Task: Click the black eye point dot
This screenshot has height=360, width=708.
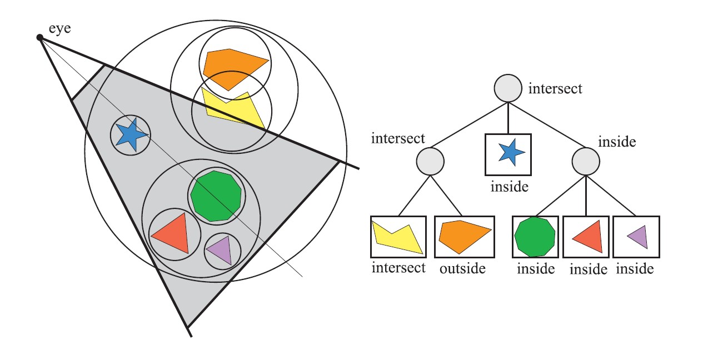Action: tap(39, 37)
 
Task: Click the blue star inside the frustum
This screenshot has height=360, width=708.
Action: tap(130, 135)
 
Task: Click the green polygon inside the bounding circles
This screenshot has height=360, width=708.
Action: tap(216, 196)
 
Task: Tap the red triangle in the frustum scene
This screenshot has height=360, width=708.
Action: tap(171, 235)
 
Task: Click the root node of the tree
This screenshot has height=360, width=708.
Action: tap(508, 88)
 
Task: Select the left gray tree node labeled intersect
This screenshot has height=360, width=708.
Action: tap(430, 162)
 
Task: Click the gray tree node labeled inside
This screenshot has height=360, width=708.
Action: tap(586, 161)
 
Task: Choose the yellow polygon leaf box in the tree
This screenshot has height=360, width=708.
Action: tap(398, 237)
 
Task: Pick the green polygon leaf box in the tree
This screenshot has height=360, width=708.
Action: tap(535, 237)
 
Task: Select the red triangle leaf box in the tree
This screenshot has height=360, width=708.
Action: tap(586, 237)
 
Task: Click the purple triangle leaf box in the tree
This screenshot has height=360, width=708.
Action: tap(636, 237)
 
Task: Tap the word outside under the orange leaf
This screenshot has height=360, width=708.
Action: tap(462, 269)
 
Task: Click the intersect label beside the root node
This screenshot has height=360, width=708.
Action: tap(555, 88)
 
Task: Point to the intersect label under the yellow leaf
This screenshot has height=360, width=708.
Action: tap(398, 268)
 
